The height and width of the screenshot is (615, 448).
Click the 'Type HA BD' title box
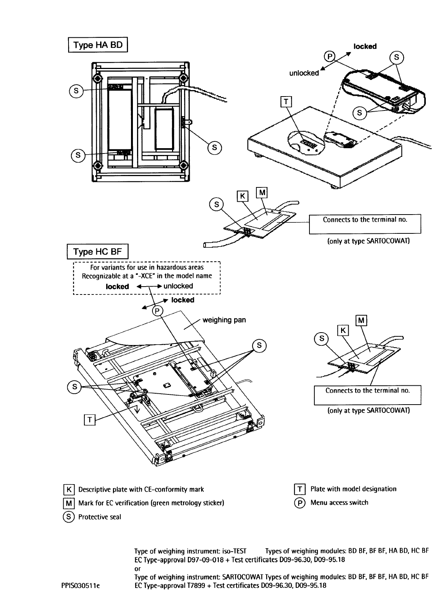click(98, 44)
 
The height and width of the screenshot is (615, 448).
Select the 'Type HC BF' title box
click(98, 251)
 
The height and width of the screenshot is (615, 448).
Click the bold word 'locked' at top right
click(365, 46)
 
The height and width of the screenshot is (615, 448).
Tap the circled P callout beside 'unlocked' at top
click(329, 56)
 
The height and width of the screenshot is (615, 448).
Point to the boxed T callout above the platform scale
click(286, 101)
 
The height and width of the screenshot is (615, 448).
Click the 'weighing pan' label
click(224, 320)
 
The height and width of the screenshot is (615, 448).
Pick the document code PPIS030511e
click(81, 586)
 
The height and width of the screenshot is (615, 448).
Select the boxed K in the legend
click(69, 489)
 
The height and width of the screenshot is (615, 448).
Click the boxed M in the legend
click(69, 503)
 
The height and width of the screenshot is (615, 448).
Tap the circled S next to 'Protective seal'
click(69, 517)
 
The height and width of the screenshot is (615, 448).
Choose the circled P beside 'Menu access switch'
click(300, 503)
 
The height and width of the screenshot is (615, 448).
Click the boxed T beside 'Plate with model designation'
click(300, 489)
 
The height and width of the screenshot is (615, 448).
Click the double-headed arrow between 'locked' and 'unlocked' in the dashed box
click(149, 286)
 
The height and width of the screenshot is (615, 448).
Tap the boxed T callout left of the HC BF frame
click(89, 420)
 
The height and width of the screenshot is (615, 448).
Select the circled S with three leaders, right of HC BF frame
click(259, 345)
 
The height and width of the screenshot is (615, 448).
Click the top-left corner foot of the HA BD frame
click(98, 79)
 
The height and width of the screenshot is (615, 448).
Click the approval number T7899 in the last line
click(196, 586)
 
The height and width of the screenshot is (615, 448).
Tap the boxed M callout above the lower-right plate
click(361, 321)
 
